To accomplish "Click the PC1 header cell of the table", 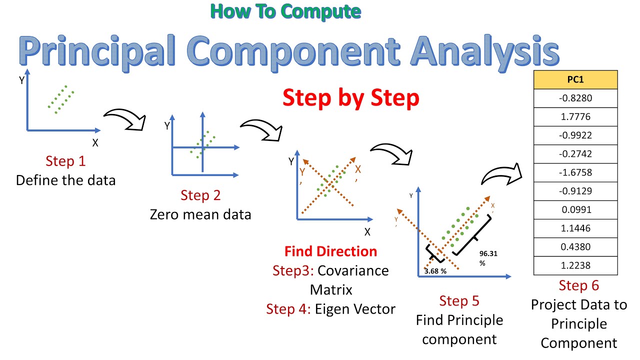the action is click(575, 79).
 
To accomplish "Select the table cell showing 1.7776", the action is click(575, 117).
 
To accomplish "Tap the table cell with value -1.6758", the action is click(575, 172).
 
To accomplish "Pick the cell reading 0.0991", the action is click(575, 209).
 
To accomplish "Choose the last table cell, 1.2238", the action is click(575, 265).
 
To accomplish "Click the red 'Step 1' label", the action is click(65, 161).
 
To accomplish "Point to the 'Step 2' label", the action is click(200, 195).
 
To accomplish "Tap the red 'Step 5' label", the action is click(459, 301).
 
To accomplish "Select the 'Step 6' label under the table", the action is click(579, 285).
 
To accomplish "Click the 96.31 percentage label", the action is click(488, 258).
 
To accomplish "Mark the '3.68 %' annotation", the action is click(435, 271).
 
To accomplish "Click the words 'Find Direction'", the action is click(331, 251).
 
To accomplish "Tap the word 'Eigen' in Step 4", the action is click(332, 309).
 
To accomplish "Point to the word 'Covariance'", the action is click(353, 270).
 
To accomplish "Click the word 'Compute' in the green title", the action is click(321, 12).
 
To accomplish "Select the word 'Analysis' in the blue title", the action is click(485, 52).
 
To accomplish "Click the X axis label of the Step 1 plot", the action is click(95, 143).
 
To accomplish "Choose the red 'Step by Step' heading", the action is click(351, 98).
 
